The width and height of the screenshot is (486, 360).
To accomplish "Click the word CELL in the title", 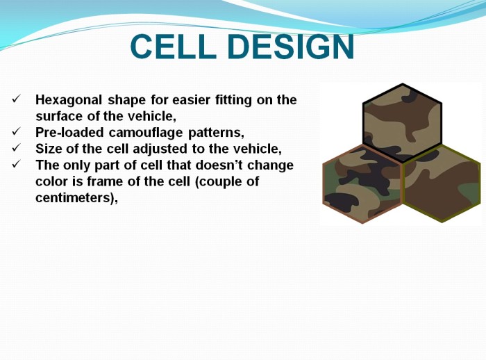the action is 174,47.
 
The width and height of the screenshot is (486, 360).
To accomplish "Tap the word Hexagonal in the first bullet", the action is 69,100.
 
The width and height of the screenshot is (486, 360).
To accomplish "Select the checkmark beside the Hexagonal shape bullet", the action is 16,99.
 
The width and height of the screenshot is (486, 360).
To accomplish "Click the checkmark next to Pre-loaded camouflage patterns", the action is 16,131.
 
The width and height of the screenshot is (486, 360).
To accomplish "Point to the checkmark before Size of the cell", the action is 16,148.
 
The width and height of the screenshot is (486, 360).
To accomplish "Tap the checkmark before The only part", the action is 16,164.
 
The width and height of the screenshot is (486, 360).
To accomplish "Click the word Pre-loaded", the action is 69,133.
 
